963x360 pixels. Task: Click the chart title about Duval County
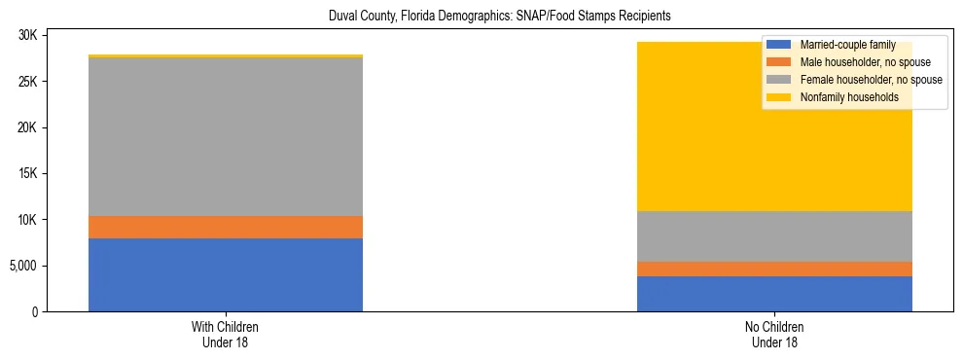481,17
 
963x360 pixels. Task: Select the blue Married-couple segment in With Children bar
226,274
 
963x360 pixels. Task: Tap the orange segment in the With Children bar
226,227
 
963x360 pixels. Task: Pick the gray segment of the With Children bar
226,136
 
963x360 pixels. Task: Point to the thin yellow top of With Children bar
226,56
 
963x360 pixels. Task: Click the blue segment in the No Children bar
774,294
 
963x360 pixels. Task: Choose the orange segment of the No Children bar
774,269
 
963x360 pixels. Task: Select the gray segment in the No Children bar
774,236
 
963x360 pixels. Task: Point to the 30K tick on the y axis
27,35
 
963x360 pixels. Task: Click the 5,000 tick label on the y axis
22,266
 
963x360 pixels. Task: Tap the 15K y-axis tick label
27,173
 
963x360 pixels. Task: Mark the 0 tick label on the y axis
35,312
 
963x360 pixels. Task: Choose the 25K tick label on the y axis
27,82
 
